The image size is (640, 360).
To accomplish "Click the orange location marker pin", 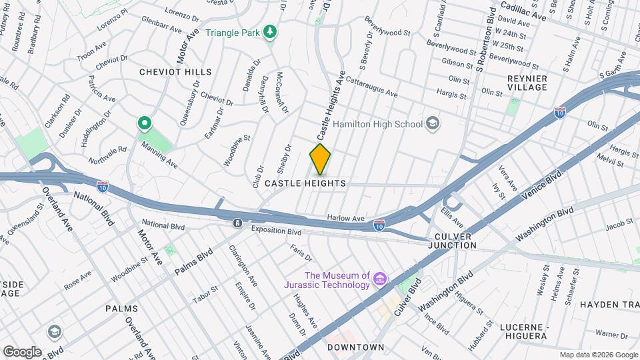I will tap(320, 159).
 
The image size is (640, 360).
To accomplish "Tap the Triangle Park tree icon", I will tap(270, 32).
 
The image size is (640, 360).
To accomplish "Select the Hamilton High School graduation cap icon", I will tap(433, 123).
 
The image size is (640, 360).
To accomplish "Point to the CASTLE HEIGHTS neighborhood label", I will tap(305, 183).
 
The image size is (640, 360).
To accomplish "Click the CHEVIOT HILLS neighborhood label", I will tap(175, 72).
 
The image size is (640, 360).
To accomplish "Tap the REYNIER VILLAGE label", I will tap(527, 83).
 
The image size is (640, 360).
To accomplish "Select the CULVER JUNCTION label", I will tap(453, 241).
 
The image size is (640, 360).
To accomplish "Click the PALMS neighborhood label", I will tap(121, 309).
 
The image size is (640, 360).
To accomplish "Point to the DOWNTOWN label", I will tap(356, 347).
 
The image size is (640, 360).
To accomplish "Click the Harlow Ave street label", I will tap(346, 218).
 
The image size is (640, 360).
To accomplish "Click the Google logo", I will tap(21, 351).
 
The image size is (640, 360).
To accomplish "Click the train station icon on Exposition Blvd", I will tap(237, 223).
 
